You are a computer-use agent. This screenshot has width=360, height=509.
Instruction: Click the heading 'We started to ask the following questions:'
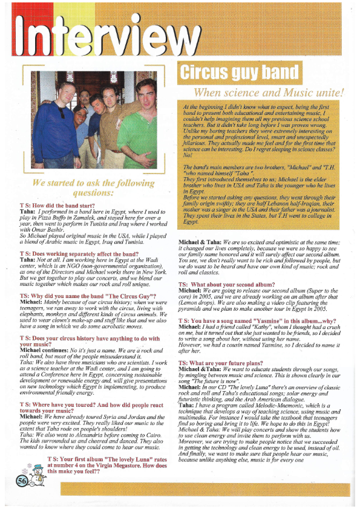pos(93,188)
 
